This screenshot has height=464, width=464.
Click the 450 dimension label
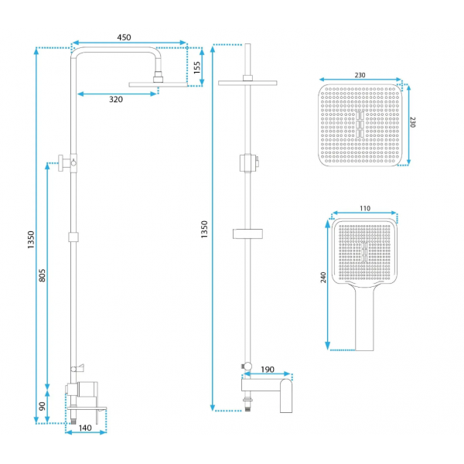(124, 37)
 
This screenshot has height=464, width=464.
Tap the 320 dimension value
(116, 99)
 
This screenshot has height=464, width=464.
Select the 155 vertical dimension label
(196, 67)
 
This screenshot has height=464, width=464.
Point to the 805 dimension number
(43, 275)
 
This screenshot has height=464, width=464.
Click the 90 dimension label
(43, 406)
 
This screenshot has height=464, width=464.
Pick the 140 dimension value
(85, 428)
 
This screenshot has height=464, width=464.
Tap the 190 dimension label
(268, 370)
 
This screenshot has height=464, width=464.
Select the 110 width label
(365, 208)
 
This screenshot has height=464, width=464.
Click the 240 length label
(323, 278)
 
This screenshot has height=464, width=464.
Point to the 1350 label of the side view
(31, 240)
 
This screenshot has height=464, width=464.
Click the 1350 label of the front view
(204, 230)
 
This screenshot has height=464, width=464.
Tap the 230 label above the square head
(360, 75)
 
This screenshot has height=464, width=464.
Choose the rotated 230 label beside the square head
(412, 122)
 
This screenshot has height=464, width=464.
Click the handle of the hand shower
(364, 319)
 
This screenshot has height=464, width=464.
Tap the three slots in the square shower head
(360, 125)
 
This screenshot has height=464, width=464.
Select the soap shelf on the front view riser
(247, 234)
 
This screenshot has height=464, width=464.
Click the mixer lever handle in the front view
(286, 396)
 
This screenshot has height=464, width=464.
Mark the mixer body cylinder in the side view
(87, 389)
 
